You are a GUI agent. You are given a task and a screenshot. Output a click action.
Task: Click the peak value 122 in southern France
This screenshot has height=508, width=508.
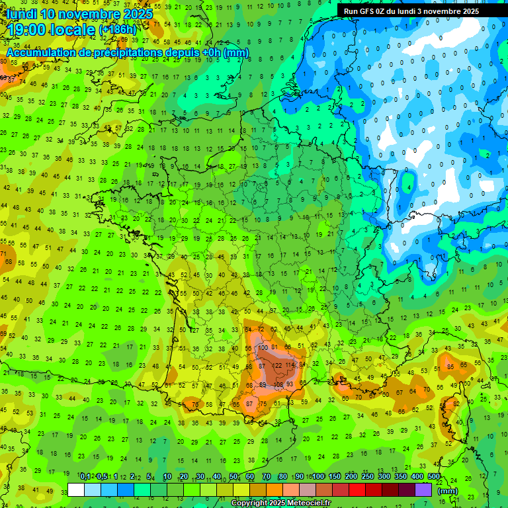coord(278,365)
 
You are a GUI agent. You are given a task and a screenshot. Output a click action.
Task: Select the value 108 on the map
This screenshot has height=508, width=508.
coord(278,384)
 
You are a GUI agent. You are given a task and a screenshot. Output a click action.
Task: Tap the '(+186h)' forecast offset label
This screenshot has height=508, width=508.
coord(118,30)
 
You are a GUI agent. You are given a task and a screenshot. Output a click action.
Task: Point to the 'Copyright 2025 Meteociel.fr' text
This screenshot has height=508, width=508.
coord(280,503)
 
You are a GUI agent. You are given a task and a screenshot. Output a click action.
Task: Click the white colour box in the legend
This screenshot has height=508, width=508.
coord(76,490)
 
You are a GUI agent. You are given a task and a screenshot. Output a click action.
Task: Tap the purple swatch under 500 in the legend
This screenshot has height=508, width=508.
coord(424,490)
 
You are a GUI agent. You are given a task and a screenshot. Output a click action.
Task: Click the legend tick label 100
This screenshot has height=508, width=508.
coord(317,477)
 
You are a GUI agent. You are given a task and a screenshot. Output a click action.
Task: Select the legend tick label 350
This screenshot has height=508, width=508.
coord(401,477)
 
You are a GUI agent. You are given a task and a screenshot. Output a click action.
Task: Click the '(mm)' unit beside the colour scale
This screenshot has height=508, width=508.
coord(447,491)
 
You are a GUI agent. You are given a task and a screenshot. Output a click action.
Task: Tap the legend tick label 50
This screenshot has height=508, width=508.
coord(233,477)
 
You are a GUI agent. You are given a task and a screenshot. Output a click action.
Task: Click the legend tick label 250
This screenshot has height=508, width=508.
coord(367,477)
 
